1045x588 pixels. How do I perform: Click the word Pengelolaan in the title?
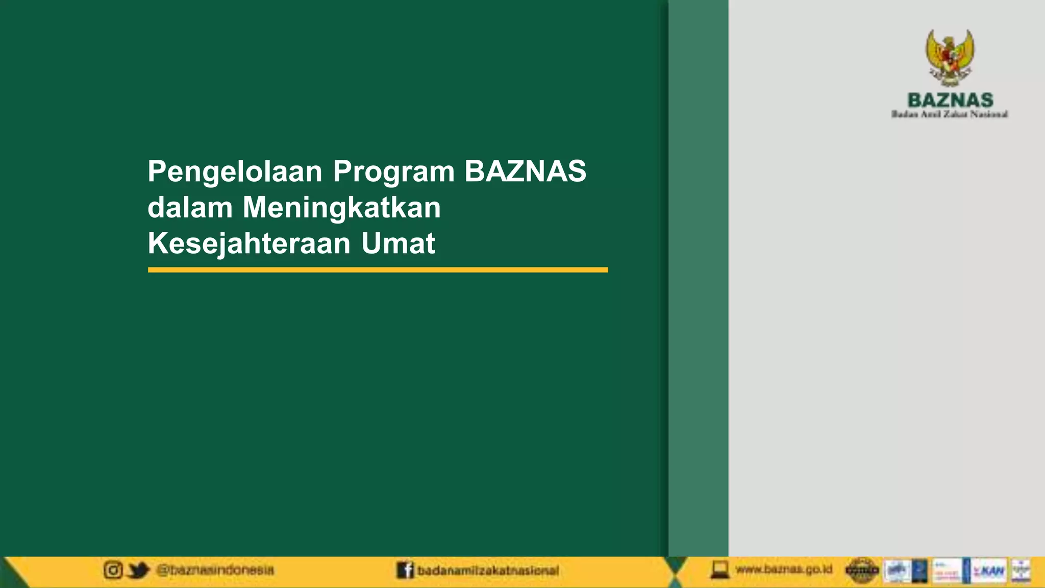(x=235, y=171)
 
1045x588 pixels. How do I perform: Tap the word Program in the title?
(x=393, y=171)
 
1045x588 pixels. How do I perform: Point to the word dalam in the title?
(x=190, y=208)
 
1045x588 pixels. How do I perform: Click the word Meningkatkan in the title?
(x=341, y=208)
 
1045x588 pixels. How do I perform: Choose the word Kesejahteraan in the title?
(x=249, y=243)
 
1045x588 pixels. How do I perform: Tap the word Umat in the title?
(x=398, y=243)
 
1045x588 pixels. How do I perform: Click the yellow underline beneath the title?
(x=378, y=270)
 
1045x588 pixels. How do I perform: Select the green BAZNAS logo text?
(x=950, y=100)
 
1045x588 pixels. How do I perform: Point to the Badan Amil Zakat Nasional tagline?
(x=950, y=114)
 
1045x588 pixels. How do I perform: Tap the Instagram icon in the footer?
(x=113, y=570)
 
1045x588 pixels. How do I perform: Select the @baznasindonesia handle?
(x=215, y=570)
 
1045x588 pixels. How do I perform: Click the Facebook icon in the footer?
(x=405, y=570)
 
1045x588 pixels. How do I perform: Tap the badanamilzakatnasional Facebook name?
(x=488, y=571)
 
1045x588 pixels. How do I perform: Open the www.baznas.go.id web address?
(x=784, y=569)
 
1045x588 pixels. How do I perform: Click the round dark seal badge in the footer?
(x=862, y=570)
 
